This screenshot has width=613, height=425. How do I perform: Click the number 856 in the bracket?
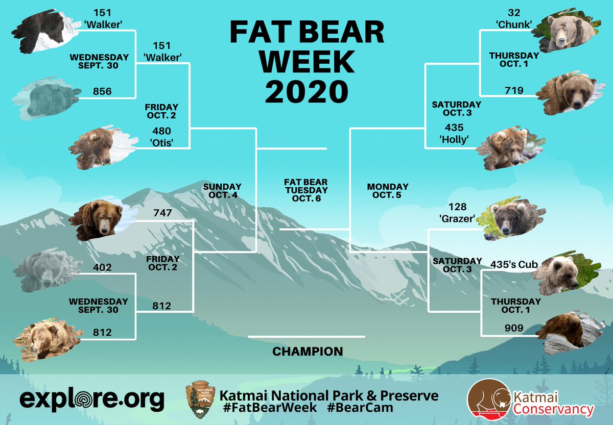click(103, 91)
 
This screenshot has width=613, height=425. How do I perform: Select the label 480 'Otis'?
click(162, 135)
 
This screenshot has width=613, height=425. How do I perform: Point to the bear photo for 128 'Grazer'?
click(514, 219)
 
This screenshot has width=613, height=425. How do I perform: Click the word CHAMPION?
click(308, 352)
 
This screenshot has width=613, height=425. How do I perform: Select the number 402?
click(103, 267)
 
